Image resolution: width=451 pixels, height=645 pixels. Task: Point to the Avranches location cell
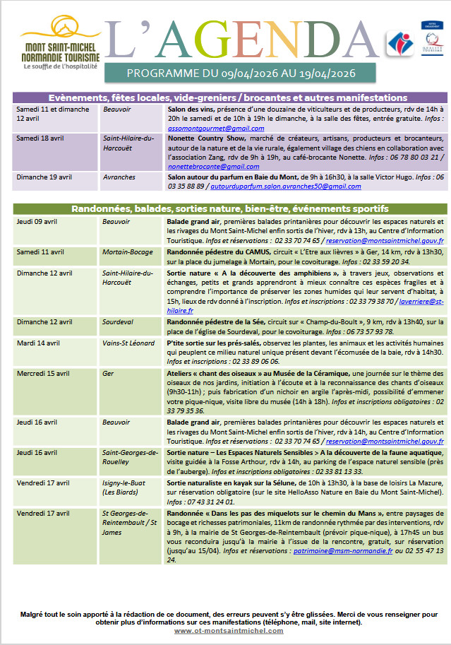click(x=119, y=177)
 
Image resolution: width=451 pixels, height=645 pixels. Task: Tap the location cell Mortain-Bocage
click(x=127, y=252)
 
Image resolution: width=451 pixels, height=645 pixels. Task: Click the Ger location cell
click(x=108, y=373)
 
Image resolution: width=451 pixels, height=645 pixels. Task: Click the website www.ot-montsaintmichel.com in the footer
click(x=226, y=631)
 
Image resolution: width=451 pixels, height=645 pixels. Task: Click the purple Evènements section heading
click(x=228, y=97)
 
